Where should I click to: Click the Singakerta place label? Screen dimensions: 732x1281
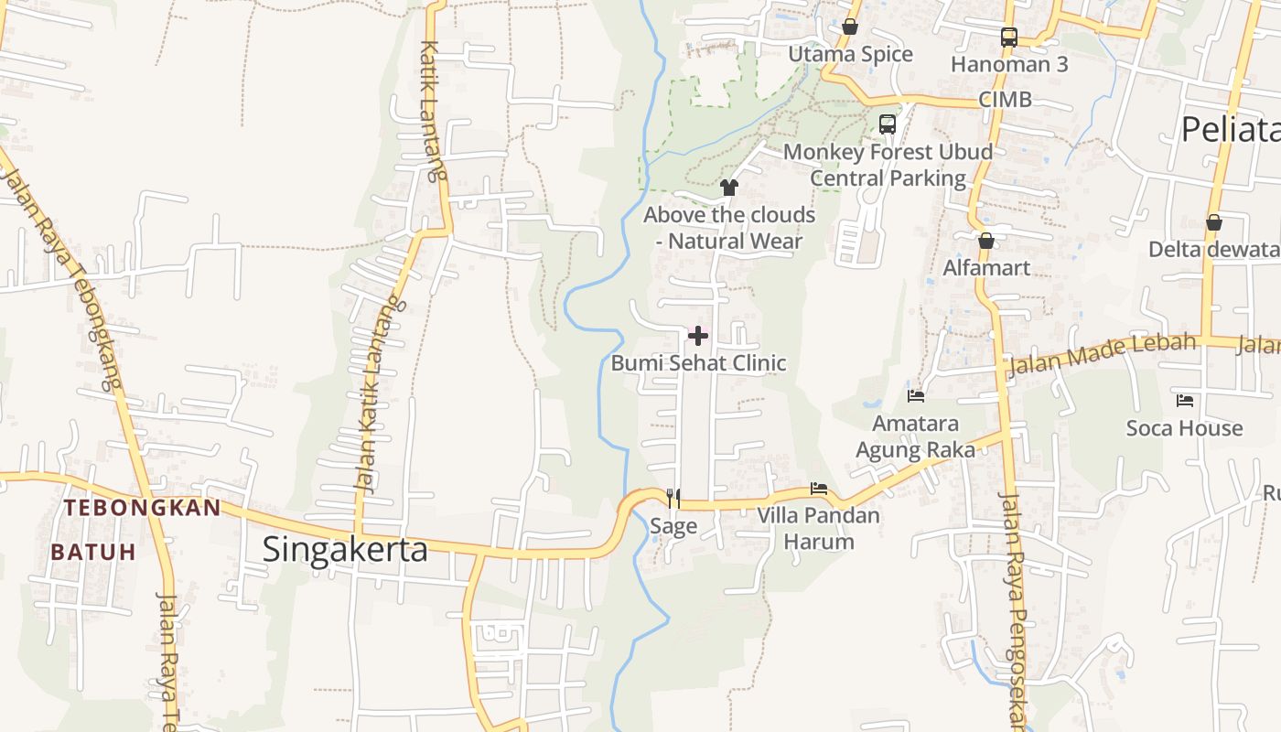point(345,549)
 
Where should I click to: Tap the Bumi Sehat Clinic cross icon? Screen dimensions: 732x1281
point(698,336)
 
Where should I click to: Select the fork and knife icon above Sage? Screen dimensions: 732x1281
point(673,498)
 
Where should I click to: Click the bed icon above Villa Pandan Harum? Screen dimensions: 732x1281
point(819,489)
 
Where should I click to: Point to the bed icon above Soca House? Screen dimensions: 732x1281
point(1185,400)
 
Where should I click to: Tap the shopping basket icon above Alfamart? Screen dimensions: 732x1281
point(986,241)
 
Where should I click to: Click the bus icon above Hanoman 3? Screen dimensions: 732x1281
point(1009,38)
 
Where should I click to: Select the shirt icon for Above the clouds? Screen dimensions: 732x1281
point(729,188)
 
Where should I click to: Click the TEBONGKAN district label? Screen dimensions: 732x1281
point(142,508)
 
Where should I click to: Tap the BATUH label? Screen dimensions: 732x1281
point(93,552)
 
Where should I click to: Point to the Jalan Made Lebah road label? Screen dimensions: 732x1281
point(1102,354)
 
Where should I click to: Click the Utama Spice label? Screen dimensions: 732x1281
point(851,54)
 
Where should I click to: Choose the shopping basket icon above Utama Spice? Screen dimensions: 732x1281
point(850,27)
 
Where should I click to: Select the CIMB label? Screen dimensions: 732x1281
point(1005,99)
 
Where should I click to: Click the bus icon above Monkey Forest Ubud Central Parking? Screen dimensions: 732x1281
point(887,124)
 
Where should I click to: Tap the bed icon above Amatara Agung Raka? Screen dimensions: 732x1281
point(916,396)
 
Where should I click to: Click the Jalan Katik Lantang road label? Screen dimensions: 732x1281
point(379,393)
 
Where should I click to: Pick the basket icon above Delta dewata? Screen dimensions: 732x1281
point(1214,222)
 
